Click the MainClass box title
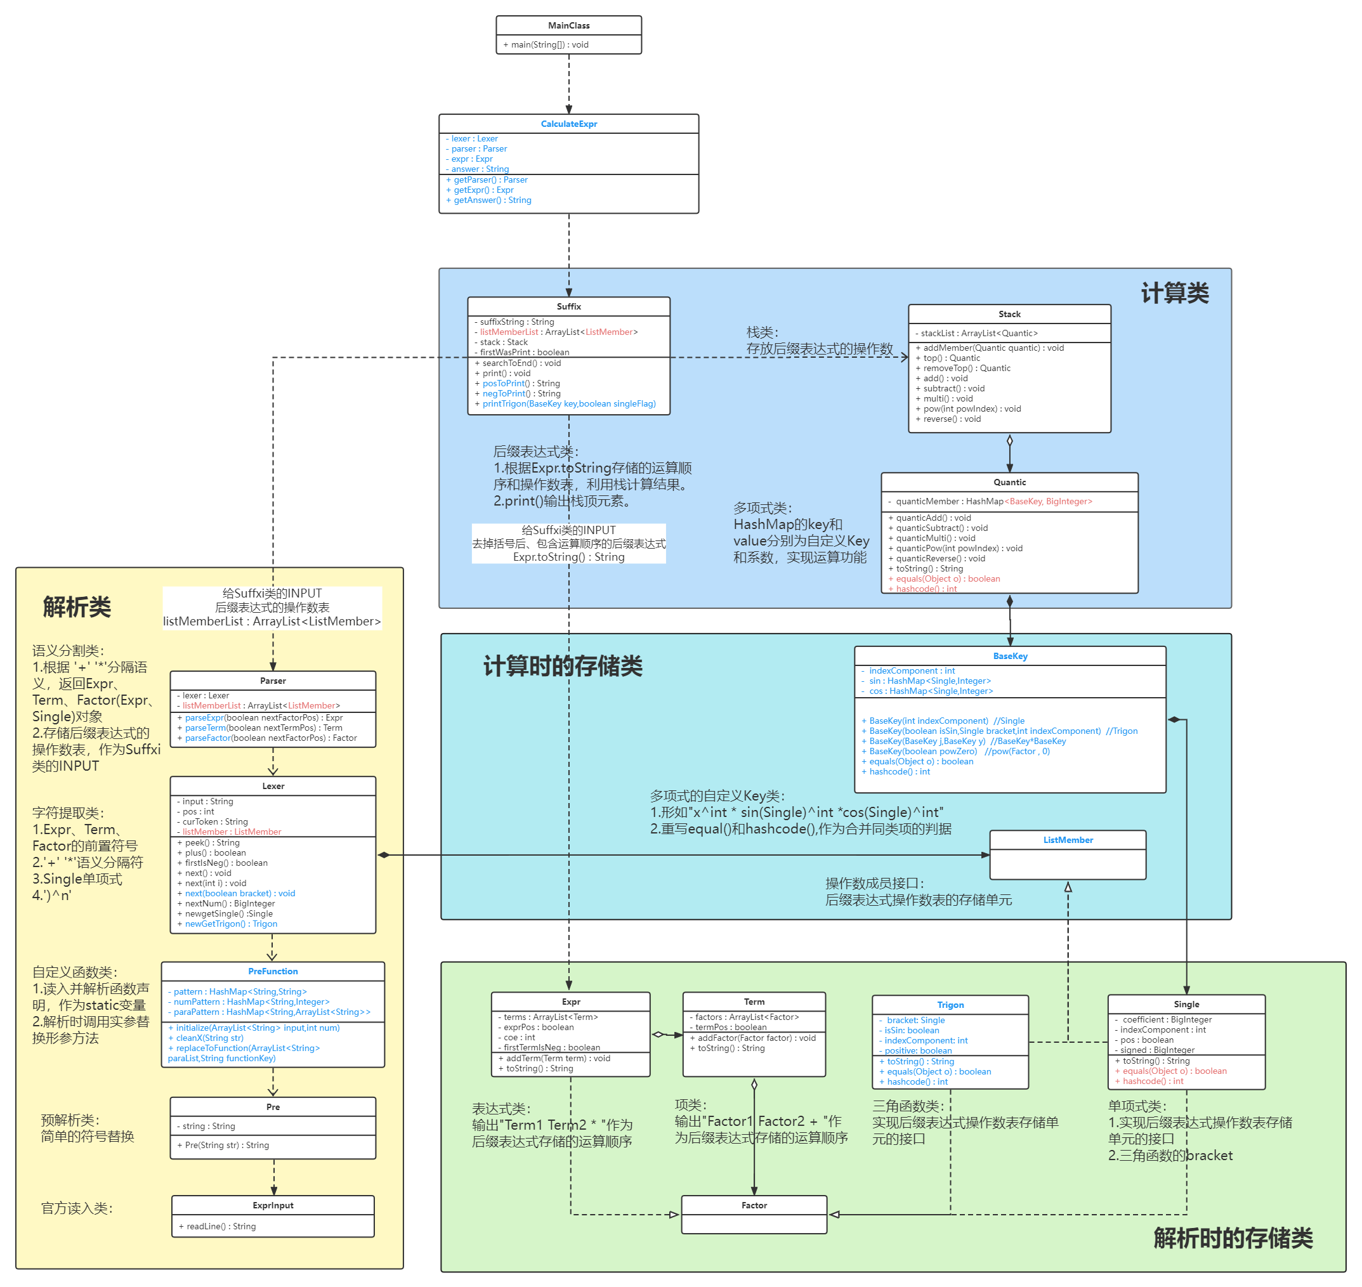pyautogui.click(x=568, y=25)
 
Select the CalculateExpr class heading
pyautogui.click(x=568, y=124)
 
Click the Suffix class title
pyautogui.click(x=568, y=306)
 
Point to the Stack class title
pyautogui.click(x=1009, y=313)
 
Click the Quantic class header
pyautogui.click(x=1009, y=481)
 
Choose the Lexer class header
pyautogui.click(x=272, y=785)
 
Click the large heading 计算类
pyautogui.click(x=1174, y=293)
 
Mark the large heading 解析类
pyautogui.click(x=76, y=606)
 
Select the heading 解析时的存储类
pyautogui.click(x=1233, y=1238)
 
